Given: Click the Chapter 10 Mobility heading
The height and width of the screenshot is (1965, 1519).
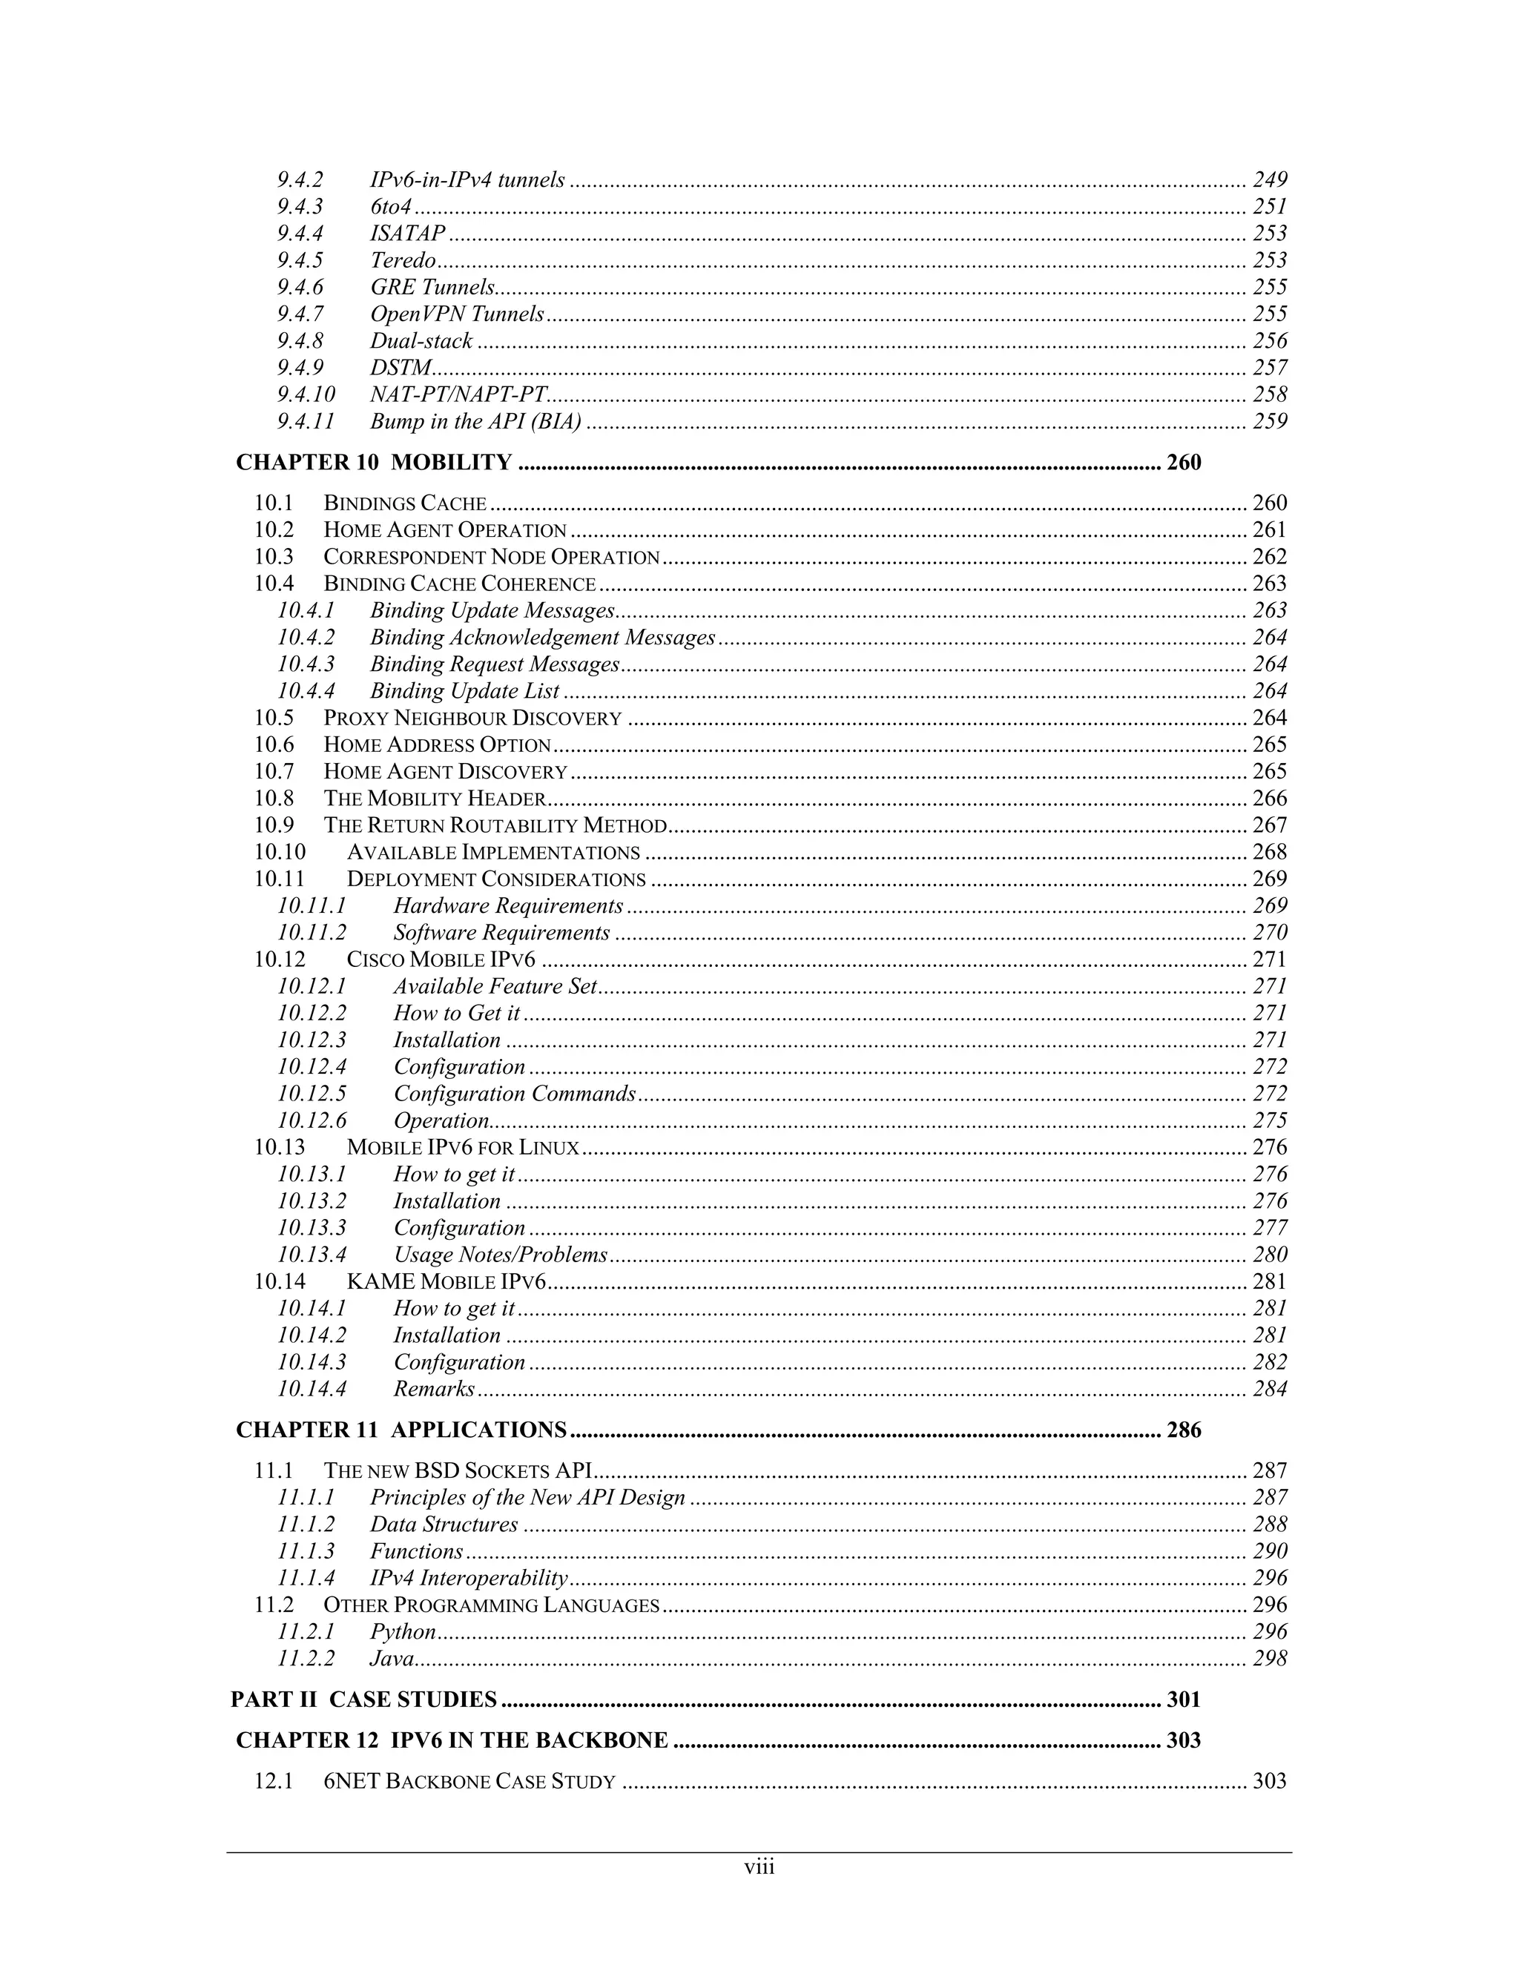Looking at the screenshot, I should (x=374, y=463).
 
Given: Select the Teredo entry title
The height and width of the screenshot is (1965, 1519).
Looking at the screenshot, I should (x=402, y=260).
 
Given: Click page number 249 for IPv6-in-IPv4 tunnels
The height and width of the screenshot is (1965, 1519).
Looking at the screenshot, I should (x=1269, y=180).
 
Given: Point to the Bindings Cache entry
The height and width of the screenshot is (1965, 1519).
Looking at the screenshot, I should (x=405, y=503).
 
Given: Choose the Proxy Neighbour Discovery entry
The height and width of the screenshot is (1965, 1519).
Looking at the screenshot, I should (x=472, y=718).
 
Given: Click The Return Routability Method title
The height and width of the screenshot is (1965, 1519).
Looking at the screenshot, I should (x=495, y=825).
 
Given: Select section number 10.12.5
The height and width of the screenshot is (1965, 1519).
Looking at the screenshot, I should (x=312, y=1093).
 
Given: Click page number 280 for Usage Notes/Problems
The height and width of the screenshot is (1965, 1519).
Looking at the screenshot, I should (x=1269, y=1254).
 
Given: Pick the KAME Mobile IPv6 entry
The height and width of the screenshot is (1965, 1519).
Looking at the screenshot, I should (x=447, y=1281).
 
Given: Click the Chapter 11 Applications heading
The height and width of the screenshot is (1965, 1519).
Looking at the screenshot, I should (x=401, y=1430).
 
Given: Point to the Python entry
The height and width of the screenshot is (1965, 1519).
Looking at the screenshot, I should (x=402, y=1631).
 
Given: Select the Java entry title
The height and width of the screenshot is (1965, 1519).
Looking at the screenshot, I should (x=392, y=1658).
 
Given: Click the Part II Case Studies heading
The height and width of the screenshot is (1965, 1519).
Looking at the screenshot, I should (x=363, y=1699).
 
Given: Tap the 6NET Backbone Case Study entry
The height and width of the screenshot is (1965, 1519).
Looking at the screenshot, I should (x=469, y=1781).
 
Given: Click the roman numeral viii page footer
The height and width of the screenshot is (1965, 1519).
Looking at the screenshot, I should (x=759, y=1867).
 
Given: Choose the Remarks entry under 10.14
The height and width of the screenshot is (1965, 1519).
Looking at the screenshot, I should (x=434, y=1388).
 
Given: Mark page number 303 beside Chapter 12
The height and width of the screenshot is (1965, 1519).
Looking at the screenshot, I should (x=1183, y=1740).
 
